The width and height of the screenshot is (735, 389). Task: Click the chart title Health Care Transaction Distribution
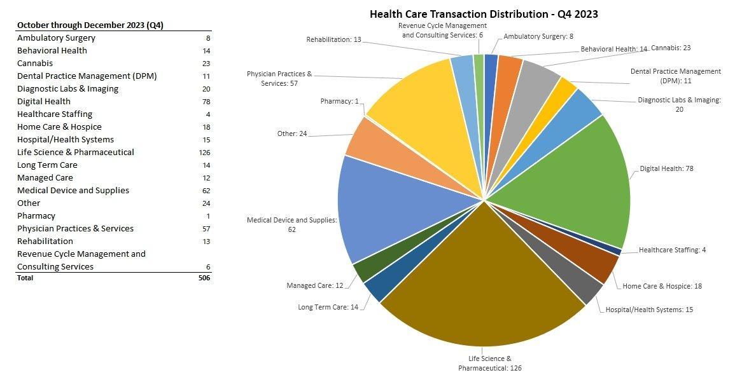click(484, 14)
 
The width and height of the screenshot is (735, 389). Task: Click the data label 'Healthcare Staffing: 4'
click(672, 250)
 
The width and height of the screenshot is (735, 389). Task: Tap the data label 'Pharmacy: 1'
click(339, 101)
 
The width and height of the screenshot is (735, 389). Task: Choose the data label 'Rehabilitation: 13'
click(333, 39)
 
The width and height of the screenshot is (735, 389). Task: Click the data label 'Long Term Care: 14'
click(328, 307)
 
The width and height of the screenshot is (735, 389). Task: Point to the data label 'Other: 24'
click(291, 133)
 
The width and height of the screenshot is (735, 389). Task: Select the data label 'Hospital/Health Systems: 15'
click(648, 310)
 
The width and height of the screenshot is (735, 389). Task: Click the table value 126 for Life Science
click(204, 153)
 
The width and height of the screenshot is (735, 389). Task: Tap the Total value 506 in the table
click(204, 278)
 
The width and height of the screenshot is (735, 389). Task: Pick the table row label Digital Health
click(44, 102)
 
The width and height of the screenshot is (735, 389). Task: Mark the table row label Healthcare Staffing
click(55, 114)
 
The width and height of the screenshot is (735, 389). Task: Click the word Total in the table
click(25, 278)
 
